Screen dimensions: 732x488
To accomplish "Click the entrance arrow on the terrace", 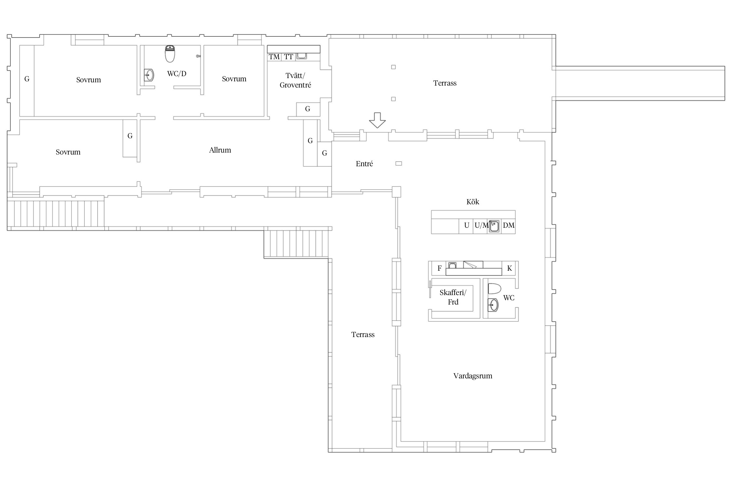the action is (377, 120).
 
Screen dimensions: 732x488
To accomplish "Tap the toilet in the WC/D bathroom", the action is (170, 54).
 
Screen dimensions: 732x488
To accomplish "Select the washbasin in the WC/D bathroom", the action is (149, 75).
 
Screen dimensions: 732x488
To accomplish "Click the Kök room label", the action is (473, 202).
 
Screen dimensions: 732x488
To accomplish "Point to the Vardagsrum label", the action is (473, 376).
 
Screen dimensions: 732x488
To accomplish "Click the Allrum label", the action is (220, 150).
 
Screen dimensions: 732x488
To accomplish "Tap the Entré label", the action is (364, 164).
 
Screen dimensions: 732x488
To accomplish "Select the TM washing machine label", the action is (274, 57).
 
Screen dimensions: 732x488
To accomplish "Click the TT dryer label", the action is (289, 57).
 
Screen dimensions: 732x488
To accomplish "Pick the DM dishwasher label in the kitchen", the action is (509, 225).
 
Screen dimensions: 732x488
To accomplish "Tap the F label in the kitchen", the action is (440, 268).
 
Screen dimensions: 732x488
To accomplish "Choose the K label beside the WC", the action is (509, 268).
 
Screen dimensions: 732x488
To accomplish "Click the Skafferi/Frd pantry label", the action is (453, 297).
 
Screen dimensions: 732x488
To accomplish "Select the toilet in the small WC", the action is (494, 289).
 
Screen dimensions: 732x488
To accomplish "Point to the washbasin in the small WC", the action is (493, 305).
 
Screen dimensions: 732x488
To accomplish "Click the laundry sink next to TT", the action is (302, 56).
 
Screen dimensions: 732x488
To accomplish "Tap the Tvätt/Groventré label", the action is (295, 80).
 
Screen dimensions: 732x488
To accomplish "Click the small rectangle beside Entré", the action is (399, 163).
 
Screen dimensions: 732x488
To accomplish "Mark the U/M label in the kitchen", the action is (481, 225).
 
